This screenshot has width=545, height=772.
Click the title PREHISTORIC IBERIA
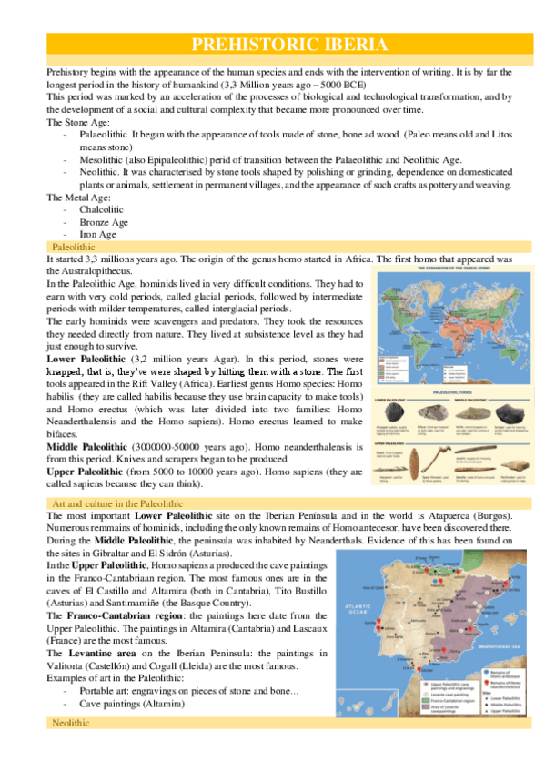[x=290, y=45]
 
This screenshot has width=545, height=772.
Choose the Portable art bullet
[x=106, y=691]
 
